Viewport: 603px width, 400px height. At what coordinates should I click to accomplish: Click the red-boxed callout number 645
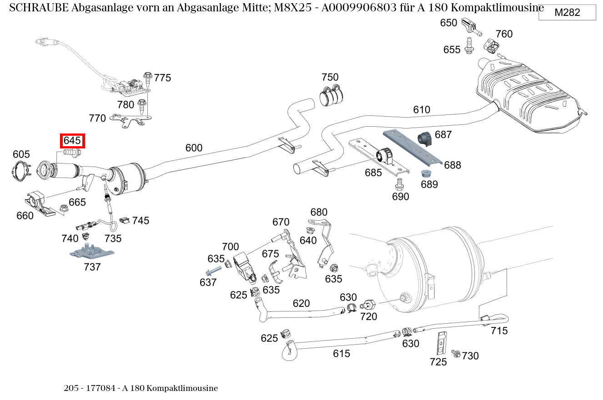(72, 141)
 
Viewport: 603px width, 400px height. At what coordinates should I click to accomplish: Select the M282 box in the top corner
(567, 13)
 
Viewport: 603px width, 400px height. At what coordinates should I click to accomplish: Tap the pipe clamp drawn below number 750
(332, 95)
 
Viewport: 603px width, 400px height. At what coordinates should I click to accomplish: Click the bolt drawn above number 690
(399, 183)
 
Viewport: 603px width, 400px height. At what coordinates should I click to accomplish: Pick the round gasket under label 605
(20, 171)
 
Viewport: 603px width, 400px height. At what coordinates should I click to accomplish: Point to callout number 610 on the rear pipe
(421, 110)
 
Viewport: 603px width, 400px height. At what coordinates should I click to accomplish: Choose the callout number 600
(194, 148)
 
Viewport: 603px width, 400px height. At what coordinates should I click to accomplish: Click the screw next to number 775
(147, 78)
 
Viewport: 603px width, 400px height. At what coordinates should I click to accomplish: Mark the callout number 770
(97, 119)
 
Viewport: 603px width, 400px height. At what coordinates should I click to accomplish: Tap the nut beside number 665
(64, 208)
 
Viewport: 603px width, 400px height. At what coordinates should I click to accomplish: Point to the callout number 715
(499, 331)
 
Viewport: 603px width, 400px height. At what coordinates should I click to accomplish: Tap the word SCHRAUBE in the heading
(38, 8)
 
